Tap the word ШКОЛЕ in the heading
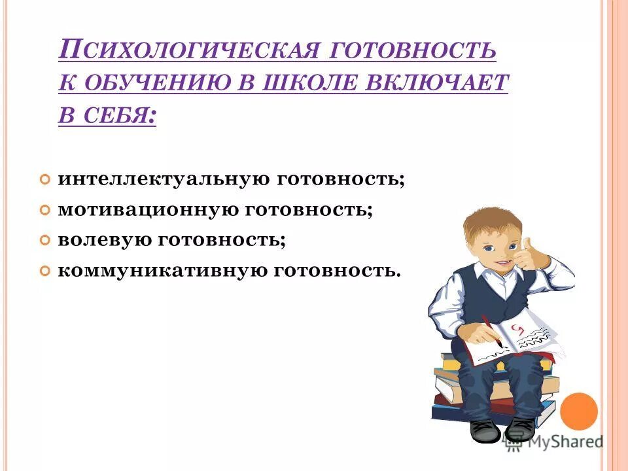(311, 83)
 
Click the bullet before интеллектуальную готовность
(44, 180)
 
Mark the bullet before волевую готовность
(44, 241)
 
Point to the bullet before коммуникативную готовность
(44, 271)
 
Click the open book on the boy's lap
(517, 337)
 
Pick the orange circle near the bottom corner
(580, 411)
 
